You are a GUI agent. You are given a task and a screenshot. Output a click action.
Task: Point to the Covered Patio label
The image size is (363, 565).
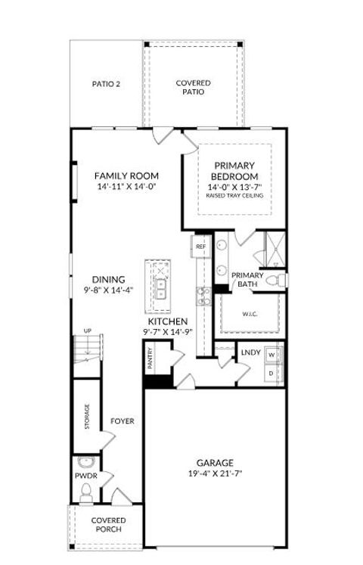[x=194, y=88]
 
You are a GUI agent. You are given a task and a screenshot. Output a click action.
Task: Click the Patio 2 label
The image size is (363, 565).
[x=106, y=84]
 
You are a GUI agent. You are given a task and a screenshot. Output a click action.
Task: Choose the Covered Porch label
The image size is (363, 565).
[x=109, y=525]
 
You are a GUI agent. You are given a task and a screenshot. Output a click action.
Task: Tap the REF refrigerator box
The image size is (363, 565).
[x=201, y=247]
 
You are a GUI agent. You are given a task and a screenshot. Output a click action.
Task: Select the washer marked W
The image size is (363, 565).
[x=271, y=354]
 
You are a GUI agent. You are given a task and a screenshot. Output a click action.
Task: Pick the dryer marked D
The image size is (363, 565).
[x=271, y=373]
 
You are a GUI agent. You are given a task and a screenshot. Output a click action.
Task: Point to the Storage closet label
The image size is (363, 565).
[x=87, y=417]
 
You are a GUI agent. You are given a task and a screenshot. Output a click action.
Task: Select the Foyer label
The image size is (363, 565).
[x=123, y=421]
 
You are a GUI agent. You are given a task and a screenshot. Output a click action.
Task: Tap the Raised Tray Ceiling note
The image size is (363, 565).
[x=234, y=195]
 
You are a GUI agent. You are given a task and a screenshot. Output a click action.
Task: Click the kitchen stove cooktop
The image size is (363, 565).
[x=202, y=295]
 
